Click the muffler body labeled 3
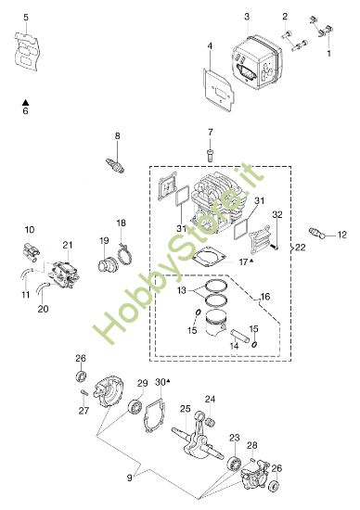tap(257, 64)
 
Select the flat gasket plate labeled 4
tap(219, 90)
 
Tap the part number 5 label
tap(26, 17)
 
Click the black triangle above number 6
tap(25, 102)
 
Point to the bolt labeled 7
tap(210, 155)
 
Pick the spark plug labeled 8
tap(115, 165)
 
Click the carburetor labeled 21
tap(63, 274)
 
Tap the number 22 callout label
tap(301, 248)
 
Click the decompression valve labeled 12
tap(317, 233)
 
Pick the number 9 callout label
tap(130, 478)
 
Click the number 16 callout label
tap(265, 297)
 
